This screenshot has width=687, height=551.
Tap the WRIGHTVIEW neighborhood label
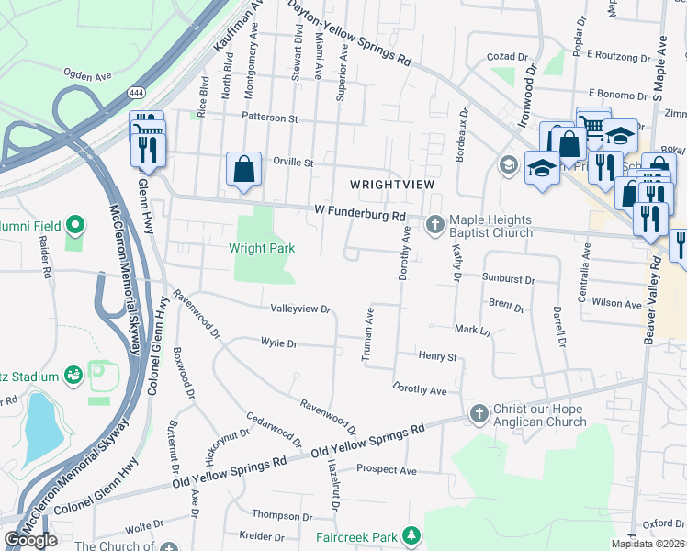click(x=390, y=185)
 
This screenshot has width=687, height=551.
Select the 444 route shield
click(x=137, y=93)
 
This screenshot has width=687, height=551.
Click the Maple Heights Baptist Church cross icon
click(x=435, y=220)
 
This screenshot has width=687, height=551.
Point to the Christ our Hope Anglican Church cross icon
click(x=478, y=413)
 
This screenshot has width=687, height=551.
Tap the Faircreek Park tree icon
click(x=412, y=535)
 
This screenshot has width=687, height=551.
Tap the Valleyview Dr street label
click(x=299, y=309)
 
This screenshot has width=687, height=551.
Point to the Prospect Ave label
click(x=386, y=471)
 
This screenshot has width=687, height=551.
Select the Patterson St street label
click(x=270, y=118)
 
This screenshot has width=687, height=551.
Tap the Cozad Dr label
click(x=502, y=56)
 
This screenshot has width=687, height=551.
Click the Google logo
click(x=31, y=540)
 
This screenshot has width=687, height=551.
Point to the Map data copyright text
click(x=647, y=544)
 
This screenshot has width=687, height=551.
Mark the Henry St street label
click(x=438, y=355)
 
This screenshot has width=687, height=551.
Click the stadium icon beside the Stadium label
click(x=74, y=375)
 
